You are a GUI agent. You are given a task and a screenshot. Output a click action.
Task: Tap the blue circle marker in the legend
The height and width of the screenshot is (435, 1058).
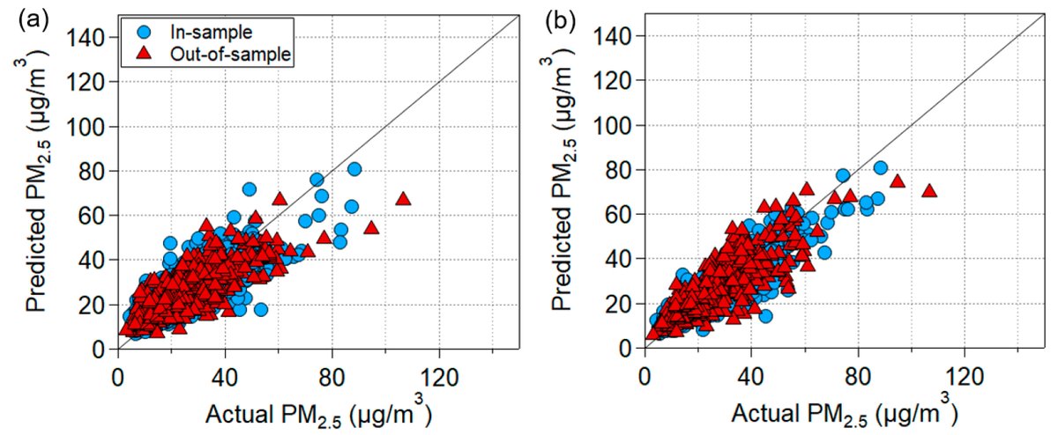pyautogui.click(x=146, y=32)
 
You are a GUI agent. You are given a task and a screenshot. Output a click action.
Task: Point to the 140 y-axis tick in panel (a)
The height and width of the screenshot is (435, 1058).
pyautogui.click(x=94, y=37)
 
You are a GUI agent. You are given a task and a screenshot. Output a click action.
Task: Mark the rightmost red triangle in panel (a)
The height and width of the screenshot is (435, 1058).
pyautogui.click(x=404, y=198)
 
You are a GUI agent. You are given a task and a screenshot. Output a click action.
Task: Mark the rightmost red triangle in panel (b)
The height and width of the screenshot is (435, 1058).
pyautogui.click(x=928, y=190)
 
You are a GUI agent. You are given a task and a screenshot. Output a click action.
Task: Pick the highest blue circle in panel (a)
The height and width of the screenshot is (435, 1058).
pyautogui.click(x=354, y=169)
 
